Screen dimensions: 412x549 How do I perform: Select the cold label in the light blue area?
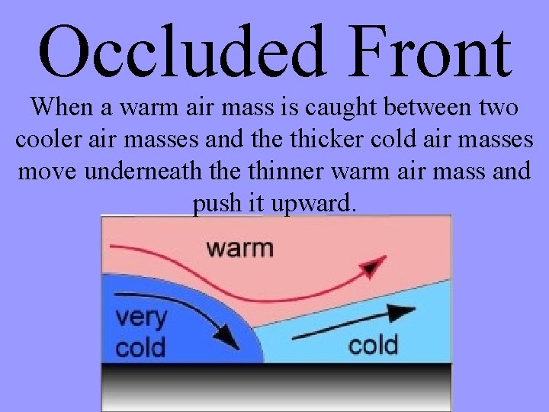point(373,345)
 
